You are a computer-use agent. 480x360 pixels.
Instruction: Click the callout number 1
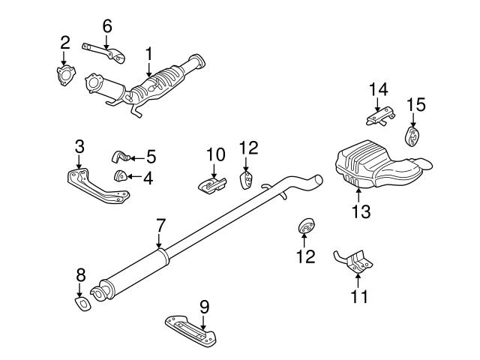click(x=148, y=53)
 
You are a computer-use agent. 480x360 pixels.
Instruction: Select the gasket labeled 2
click(x=65, y=77)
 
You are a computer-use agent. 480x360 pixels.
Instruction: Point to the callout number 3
click(x=79, y=144)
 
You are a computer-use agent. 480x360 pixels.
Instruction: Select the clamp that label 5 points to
click(x=121, y=157)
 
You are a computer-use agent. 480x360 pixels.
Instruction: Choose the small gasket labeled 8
click(x=81, y=304)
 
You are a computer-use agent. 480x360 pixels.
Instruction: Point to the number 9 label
click(x=204, y=306)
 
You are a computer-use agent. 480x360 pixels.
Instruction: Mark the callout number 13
click(x=361, y=211)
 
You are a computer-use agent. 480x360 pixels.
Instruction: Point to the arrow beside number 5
click(x=137, y=157)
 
